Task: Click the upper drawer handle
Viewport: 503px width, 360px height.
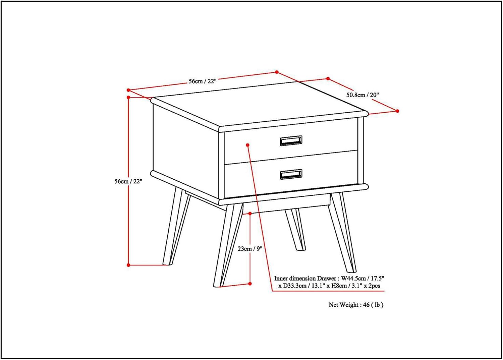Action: tap(291, 141)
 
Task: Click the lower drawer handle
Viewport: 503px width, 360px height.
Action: tap(291, 174)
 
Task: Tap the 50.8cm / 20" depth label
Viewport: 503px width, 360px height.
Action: tap(362, 95)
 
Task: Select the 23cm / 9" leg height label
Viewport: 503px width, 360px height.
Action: tap(250, 249)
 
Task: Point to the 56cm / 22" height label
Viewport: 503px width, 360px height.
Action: tap(128, 181)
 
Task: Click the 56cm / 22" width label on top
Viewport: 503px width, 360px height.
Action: tap(202, 81)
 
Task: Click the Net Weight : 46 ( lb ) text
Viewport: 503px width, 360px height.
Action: tap(356, 305)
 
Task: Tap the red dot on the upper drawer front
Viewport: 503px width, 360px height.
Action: tap(248, 145)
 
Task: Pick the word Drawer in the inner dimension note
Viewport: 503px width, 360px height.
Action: tap(327, 279)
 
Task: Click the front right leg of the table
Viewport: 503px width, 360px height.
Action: tap(342, 232)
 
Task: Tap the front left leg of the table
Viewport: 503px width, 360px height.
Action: tap(228, 245)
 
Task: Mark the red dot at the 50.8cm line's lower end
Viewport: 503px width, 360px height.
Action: tap(397, 111)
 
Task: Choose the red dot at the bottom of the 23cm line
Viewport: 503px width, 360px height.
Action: tap(250, 284)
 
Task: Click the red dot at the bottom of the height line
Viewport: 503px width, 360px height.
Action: tap(128, 265)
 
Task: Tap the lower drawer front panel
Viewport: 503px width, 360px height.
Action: tap(291, 174)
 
